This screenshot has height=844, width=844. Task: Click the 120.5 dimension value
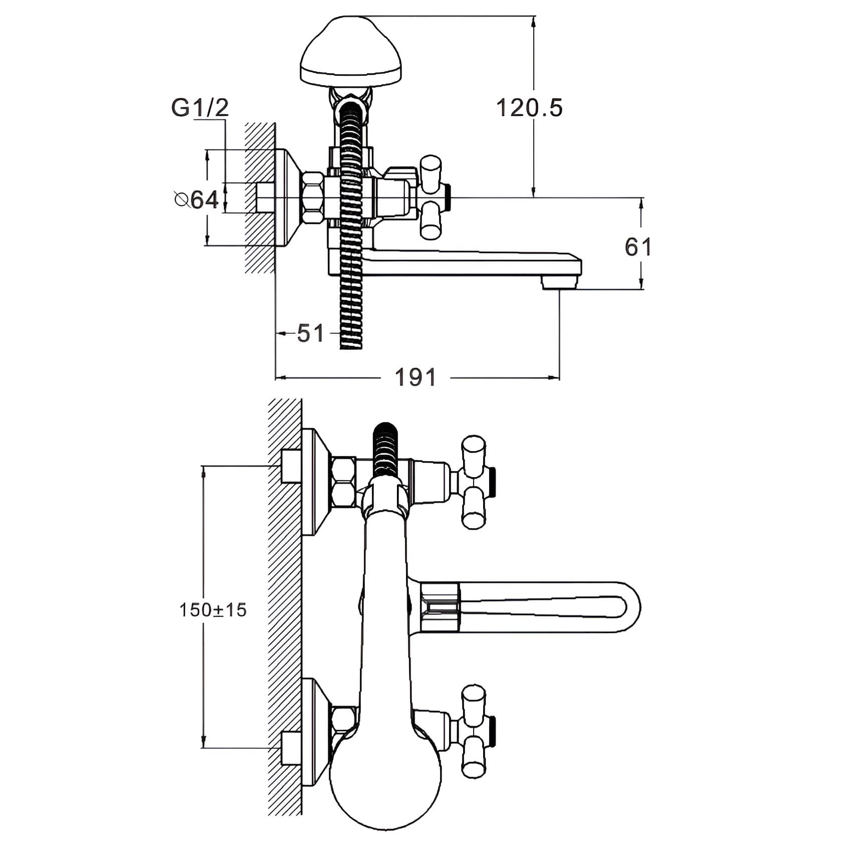[529, 108]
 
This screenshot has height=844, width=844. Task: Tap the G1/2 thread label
[200, 108]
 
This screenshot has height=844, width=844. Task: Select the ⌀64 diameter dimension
[196, 200]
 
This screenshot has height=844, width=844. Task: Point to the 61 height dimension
[638, 247]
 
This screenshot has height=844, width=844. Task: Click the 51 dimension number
[311, 333]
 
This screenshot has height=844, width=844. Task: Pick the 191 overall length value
[415, 377]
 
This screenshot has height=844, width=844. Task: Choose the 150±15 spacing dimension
[213, 610]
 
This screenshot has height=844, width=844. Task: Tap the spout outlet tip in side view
[560, 284]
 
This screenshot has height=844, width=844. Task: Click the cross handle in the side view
[432, 196]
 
